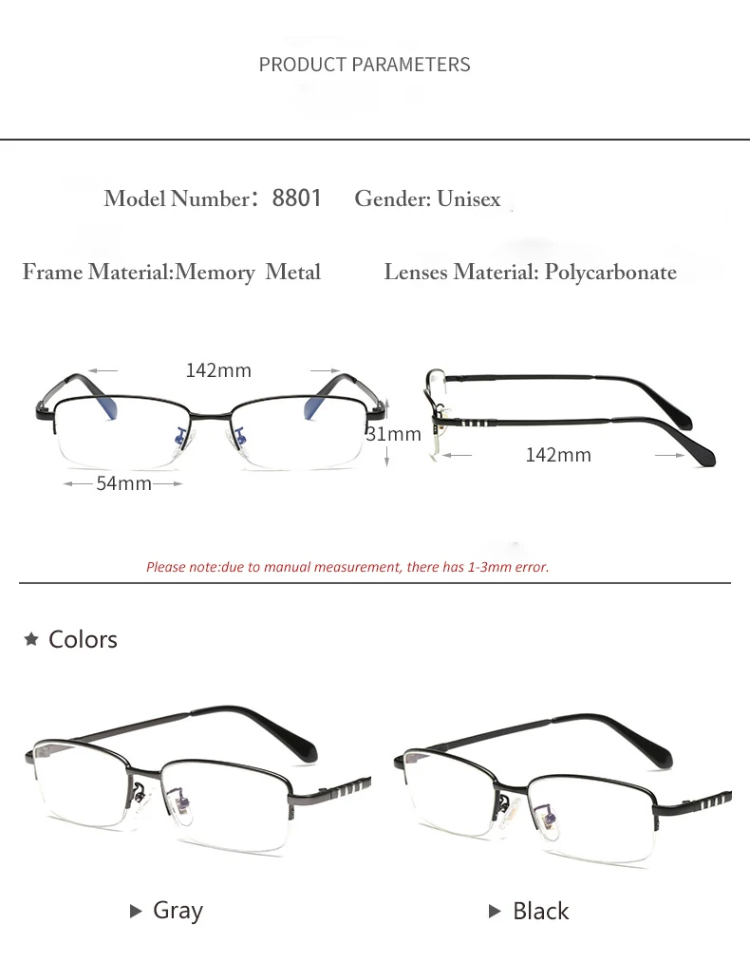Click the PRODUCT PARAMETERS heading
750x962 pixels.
point(365,65)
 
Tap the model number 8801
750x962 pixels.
point(296,198)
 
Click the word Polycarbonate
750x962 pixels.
point(610,273)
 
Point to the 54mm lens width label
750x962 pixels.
point(123,483)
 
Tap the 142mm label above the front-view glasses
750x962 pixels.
point(218,370)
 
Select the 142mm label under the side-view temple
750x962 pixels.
point(558,455)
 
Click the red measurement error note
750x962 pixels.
point(347,567)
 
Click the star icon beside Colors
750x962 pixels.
point(31,639)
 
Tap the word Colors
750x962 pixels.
point(83,639)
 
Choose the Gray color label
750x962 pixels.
point(178,911)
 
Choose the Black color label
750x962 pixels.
point(540,912)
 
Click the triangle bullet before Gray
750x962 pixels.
point(136,912)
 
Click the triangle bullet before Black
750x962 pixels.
point(494,912)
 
